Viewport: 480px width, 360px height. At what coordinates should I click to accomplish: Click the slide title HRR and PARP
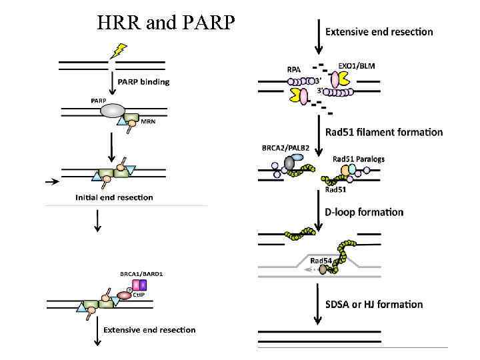pos(166,23)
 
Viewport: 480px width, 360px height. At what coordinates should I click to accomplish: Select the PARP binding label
pos(143,82)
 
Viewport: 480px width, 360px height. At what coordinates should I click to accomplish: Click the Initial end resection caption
pos(114,197)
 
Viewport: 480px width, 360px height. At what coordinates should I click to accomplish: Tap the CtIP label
pos(139,294)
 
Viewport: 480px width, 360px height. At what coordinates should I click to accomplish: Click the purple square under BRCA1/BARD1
pos(143,285)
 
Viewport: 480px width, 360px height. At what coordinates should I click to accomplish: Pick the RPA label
pos(293,68)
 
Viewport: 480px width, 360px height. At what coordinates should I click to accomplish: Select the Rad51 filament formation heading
pos(384,132)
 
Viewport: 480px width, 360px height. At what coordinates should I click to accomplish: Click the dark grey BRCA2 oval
pos(289,163)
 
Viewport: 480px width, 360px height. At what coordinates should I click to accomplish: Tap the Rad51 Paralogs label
pos(359,159)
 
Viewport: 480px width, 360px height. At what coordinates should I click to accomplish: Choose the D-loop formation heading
pos(364,212)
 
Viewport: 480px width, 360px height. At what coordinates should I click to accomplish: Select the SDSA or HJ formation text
pos(374,304)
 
